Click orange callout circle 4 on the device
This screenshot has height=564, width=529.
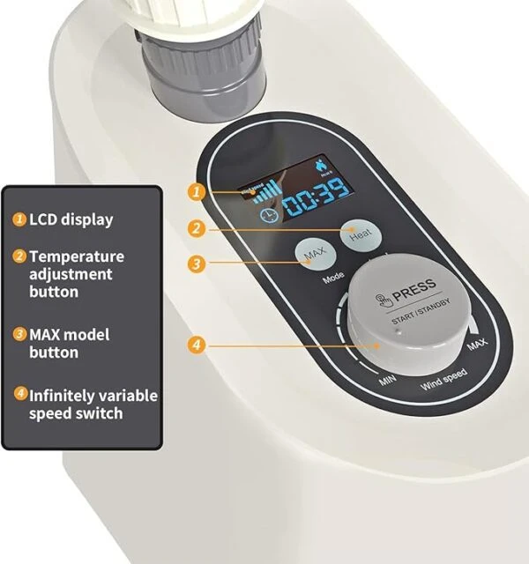pos(197,345)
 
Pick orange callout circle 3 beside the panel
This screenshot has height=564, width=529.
pos(197,263)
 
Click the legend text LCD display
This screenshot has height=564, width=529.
pos(71,219)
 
